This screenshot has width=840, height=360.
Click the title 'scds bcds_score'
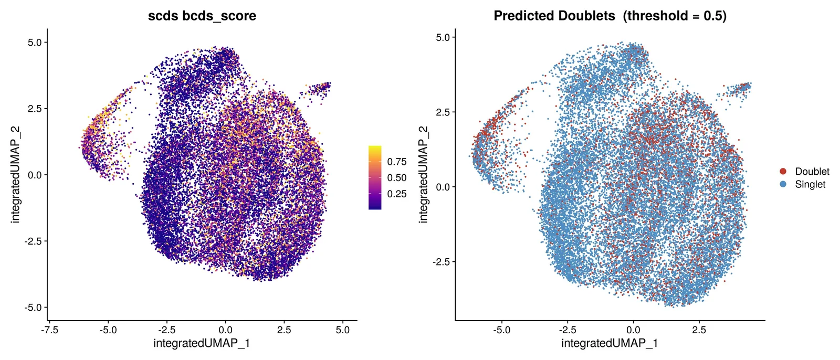coord(202,16)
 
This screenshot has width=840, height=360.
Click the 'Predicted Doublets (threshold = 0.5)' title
coord(610,16)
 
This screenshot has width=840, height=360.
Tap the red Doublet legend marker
coord(783,172)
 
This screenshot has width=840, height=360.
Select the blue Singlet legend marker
coord(783,184)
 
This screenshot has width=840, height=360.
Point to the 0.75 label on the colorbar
coord(397,162)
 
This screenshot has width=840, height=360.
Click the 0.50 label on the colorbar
coord(397,178)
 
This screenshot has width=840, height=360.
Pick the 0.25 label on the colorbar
coord(397,194)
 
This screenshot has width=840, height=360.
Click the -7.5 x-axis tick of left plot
coord(49,330)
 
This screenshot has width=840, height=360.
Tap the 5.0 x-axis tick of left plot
coord(342,330)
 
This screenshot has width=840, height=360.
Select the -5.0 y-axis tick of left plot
coord(34,308)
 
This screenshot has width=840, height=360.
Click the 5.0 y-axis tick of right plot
coord(443,37)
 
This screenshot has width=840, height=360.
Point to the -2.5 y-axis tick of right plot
coord(442,262)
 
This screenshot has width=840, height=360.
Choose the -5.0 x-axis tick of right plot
coord(501,330)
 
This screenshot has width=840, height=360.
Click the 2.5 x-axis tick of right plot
coord(699,330)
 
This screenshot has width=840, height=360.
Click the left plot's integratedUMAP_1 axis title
coord(202,343)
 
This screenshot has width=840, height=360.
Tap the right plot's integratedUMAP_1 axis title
coord(610,343)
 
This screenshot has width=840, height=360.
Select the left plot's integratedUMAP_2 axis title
coord(15,175)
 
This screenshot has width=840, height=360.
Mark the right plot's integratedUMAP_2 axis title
coord(423,175)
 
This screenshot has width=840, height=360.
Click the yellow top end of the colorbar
coord(375,146)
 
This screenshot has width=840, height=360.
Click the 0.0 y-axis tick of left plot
coord(35,175)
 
